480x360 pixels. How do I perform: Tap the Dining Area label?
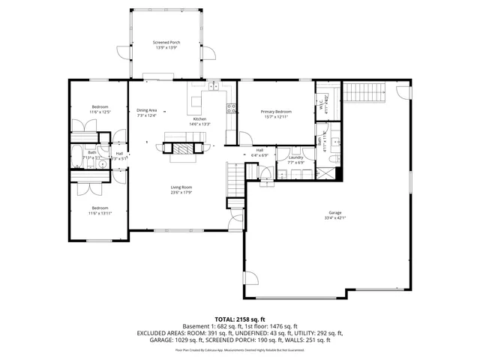pos(147,110)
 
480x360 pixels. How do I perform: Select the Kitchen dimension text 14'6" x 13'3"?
pos(199,124)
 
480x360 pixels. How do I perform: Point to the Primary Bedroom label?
pos(275,111)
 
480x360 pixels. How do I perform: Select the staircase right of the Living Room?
pos(235,180)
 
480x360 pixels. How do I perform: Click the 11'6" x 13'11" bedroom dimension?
pos(100,214)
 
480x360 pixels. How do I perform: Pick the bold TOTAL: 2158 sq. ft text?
pos(240,319)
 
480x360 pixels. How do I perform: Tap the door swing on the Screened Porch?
pos(212,55)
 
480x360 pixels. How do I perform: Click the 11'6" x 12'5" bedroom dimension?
pos(100,112)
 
